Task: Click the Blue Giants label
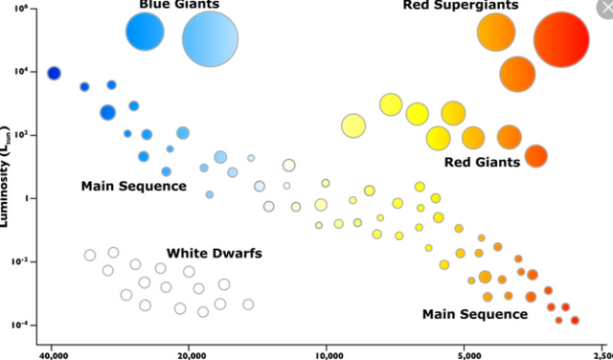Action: (x=179, y=5)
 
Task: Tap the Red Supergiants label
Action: (x=460, y=6)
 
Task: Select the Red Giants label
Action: (x=482, y=162)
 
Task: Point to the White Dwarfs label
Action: (x=215, y=254)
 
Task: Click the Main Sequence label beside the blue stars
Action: (x=133, y=186)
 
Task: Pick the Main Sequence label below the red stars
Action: (x=474, y=314)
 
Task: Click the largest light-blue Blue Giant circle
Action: (x=210, y=39)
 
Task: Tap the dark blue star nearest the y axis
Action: (x=54, y=74)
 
